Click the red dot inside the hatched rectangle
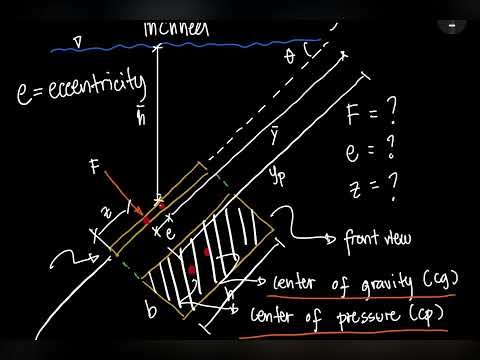pos(207,253)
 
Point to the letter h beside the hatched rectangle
pos(228,293)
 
